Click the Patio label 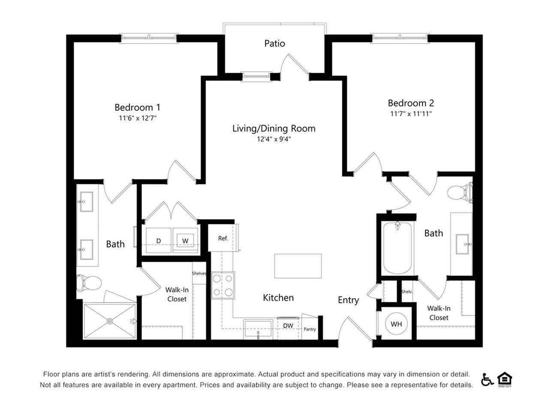tap(274, 43)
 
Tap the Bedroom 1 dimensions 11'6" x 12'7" tap(138, 118)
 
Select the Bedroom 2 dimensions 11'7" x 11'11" tap(410, 114)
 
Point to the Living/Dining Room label tap(274, 128)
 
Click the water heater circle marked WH tap(396, 324)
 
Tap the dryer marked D tap(158, 241)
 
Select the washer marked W tap(185, 241)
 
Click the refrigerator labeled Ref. tap(223, 238)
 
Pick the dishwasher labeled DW tap(288, 326)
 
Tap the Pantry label tap(310, 329)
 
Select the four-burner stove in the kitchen tap(223, 286)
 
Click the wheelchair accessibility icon tap(487, 379)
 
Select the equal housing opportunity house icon tap(505, 379)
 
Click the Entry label tap(348, 300)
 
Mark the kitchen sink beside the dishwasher tap(258, 329)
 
